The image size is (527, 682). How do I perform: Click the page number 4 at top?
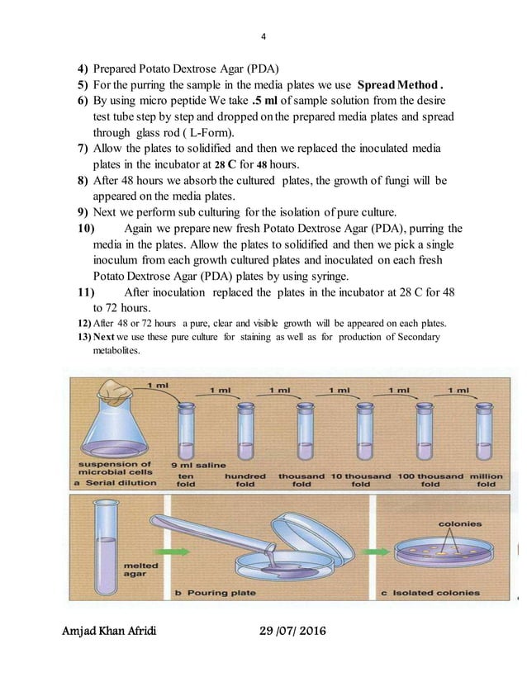[263, 36]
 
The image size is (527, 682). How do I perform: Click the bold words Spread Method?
[401, 84]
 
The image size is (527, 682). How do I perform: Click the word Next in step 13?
[104, 337]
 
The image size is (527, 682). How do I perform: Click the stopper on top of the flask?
[114, 389]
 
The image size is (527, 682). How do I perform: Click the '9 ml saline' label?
[197, 464]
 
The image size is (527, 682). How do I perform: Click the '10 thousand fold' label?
[361, 480]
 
